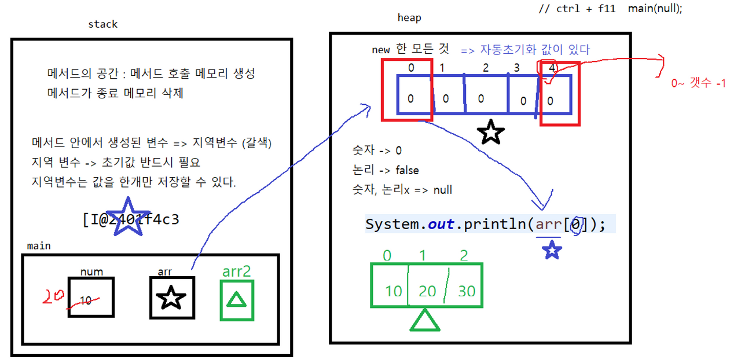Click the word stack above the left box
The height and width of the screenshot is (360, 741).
click(x=102, y=24)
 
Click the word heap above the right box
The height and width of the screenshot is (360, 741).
click(x=409, y=18)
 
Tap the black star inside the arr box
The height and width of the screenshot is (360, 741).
click(x=171, y=297)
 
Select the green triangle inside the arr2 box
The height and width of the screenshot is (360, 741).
click(x=236, y=300)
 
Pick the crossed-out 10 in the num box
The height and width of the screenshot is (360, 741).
click(x=86, y=300)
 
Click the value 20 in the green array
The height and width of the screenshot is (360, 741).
click(x=427, y=291)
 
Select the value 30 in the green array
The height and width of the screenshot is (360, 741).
click(x=466, y=291)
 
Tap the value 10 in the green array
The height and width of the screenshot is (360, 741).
click(x=393, y=291)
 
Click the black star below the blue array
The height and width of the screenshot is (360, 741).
click(x=491, y=133)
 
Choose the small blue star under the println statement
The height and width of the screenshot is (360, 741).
click(x=551, y=250)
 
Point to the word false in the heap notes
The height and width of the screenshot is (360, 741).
click(x=407, y=170)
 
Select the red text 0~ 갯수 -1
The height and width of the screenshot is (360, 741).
click(x=698, y=83)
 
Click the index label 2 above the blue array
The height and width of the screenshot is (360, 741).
click(x=485, y=68)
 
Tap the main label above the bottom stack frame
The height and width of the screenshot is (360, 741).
click(x=39, y=246)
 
